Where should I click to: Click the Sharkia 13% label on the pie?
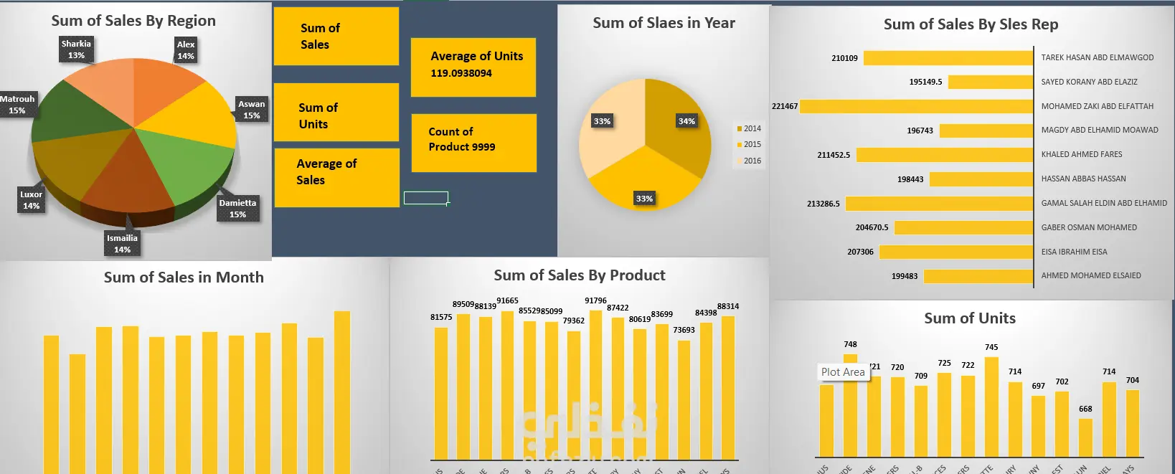76,49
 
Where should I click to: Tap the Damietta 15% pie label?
237,209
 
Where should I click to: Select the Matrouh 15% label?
17,105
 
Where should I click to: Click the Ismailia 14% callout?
122,244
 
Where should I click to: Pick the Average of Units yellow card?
473,67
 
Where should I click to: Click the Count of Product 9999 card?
473,143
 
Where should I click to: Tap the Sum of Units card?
336,113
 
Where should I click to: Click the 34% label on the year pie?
686,121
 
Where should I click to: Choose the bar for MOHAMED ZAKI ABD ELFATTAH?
916,107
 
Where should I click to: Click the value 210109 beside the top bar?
844,58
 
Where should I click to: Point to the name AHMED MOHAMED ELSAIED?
1090,275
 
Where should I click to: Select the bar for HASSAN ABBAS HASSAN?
981,179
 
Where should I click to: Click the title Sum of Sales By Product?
579,275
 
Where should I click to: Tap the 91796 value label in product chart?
595,300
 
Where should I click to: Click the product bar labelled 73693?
684,399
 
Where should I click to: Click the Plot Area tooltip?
843,372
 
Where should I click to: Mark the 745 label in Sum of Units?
991,347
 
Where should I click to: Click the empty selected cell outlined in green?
426,198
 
